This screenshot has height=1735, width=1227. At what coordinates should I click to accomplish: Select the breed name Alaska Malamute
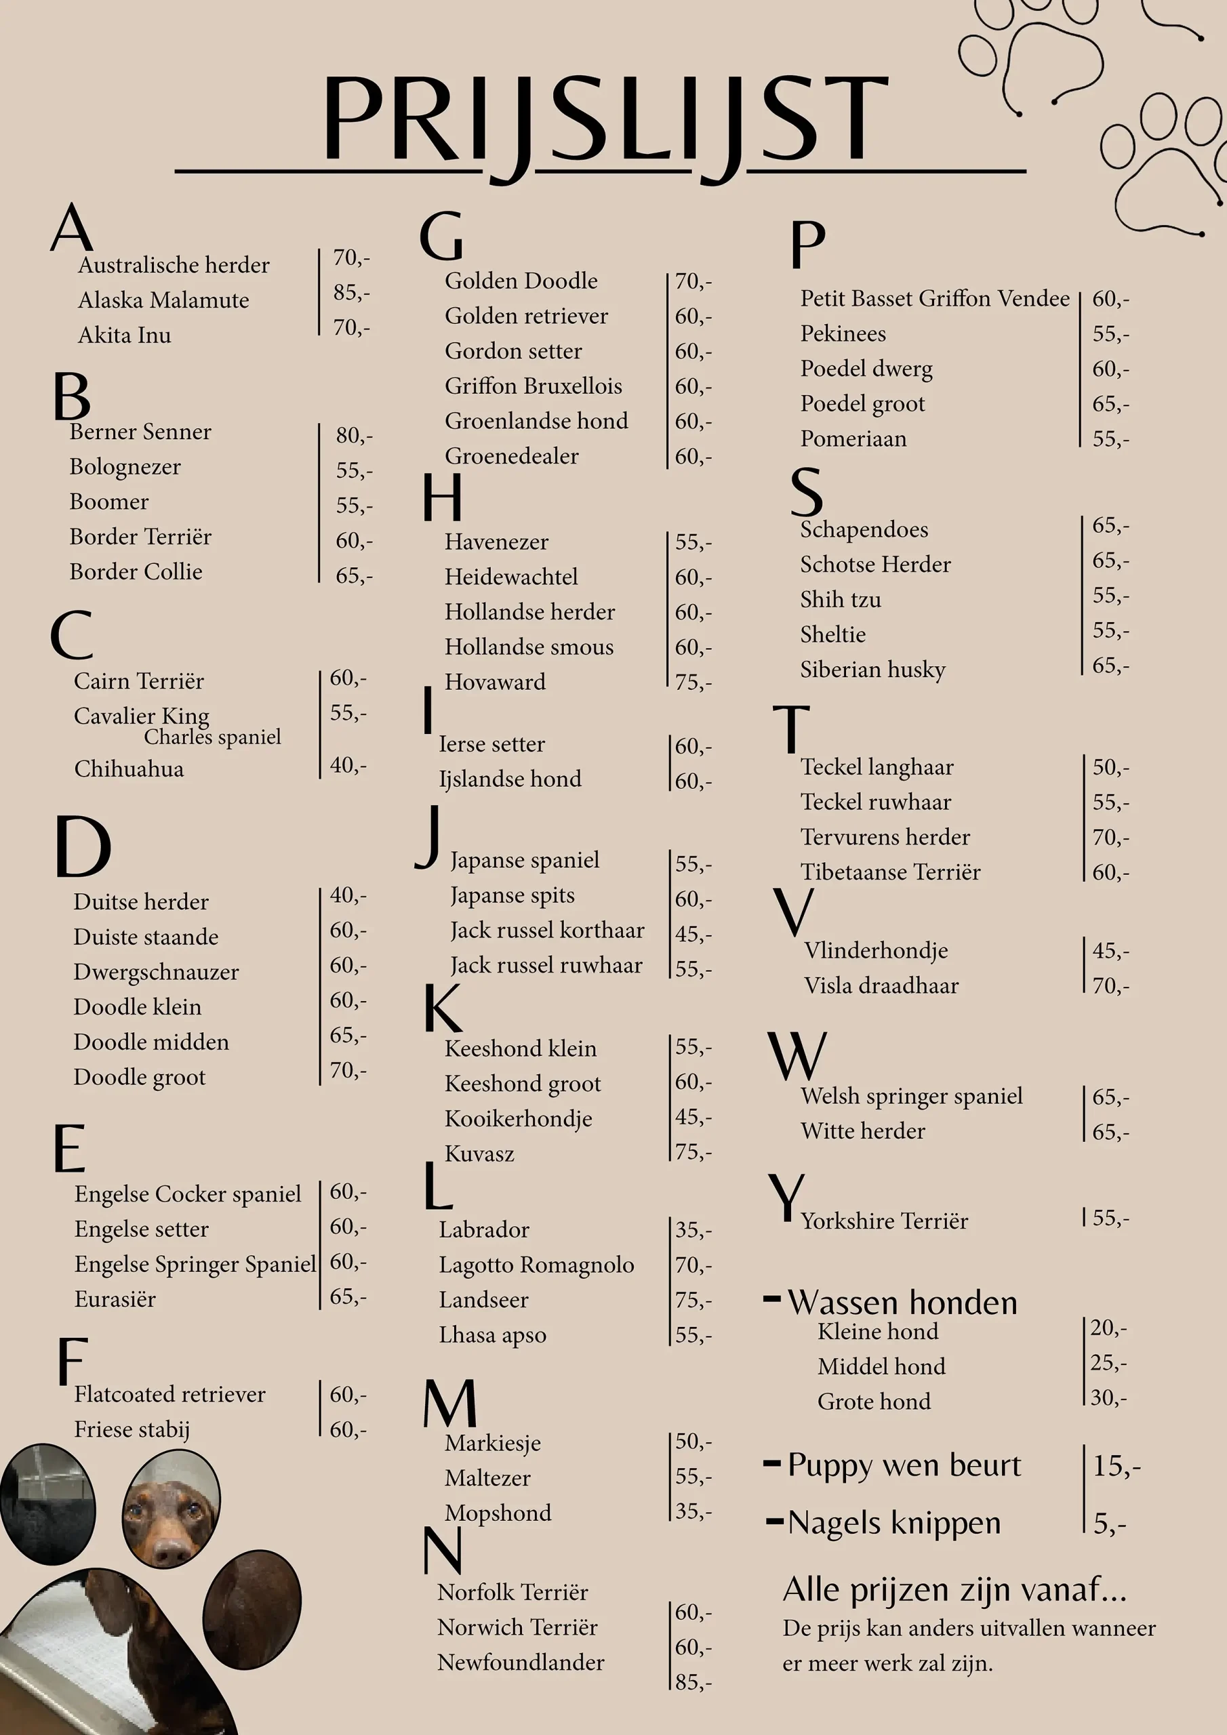[163, 300]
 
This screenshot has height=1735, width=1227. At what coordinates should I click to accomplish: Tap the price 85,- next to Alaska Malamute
[352, 292]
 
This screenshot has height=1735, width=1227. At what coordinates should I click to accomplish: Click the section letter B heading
[72, 396]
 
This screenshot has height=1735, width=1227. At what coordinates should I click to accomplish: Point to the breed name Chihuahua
[129, 769]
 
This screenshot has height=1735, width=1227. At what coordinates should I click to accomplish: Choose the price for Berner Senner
[354, 435]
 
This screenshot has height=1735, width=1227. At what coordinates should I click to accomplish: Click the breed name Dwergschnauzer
[156, 972]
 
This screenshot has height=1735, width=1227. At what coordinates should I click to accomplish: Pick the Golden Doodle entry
[521, 281]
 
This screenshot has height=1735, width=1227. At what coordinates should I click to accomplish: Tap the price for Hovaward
[693, 682]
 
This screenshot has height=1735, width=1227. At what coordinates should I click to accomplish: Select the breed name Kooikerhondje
[518, 1118]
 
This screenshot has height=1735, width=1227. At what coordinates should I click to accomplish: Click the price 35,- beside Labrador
[693, 1230]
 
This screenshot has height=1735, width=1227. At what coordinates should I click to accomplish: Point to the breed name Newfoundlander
[520, 1662]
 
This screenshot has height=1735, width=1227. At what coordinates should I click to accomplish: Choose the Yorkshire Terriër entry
[884, 1221]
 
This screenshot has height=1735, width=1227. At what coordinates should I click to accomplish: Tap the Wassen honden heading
[902, 1303]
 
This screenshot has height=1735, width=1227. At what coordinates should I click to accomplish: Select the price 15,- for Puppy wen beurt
[1116, 1466]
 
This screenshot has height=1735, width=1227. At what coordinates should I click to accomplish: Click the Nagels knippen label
[893, 1523]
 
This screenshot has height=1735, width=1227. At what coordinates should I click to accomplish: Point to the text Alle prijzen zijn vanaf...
[954, 1590]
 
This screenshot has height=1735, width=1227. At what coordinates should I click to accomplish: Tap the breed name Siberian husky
[872, 670]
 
